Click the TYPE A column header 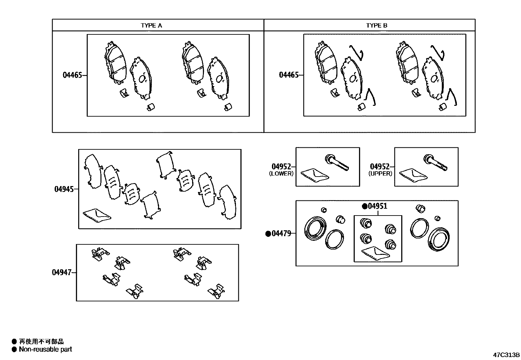(x=151, y=26)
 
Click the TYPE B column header (x=377, y=26)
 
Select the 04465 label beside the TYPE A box (x=72, y=75)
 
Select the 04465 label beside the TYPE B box (x=289, y=75)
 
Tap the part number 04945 (x=64, y=189)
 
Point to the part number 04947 (x=62, y=272)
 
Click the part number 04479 (x=281, y=234)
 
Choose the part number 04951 (x=377, y=206)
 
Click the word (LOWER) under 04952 (x=281, y=174)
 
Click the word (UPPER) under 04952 (x=380, y=174)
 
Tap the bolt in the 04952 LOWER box (x=337, y=163)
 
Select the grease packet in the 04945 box (x=97, y=215)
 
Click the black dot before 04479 (x=268, y=234)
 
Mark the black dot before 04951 (x=364, y=206)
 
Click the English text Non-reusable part (x=45, y=349)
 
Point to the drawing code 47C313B (x=507, y=355)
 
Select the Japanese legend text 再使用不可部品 (x=41, y=342)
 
